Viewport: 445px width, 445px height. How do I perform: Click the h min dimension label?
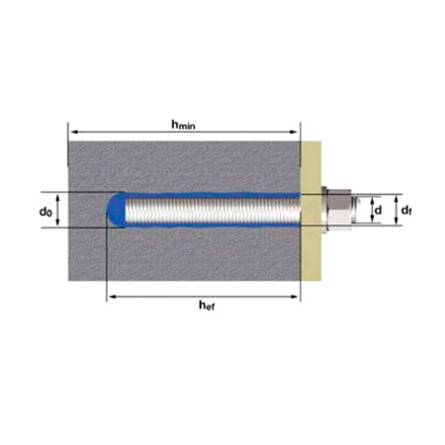(183, 125)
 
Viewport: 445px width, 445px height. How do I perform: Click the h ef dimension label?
(207, 306)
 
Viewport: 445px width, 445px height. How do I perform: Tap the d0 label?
(45, 212)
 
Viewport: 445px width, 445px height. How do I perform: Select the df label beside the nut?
(406, 210)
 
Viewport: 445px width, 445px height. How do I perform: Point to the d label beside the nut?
(378, 210)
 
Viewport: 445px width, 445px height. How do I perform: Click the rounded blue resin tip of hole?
(117, 210)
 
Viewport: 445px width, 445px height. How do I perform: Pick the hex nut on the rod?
(339, 210)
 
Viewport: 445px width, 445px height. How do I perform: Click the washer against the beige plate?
(324, 210)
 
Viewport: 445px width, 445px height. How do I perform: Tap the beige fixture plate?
(311, 211)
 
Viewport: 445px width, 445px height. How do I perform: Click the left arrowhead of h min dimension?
(74, 132)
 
